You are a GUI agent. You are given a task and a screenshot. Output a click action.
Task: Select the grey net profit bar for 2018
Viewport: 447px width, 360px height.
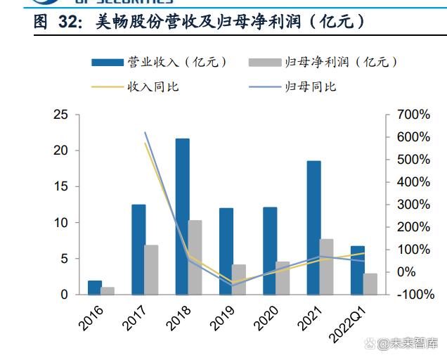195,257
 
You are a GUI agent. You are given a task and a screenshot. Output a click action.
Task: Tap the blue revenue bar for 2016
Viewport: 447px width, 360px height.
94,288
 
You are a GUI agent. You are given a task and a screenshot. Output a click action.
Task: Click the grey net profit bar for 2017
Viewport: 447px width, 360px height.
151,270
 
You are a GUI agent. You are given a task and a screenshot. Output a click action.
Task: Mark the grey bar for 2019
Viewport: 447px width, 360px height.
239,280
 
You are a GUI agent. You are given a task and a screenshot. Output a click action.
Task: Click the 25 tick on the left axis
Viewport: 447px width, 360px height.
61,115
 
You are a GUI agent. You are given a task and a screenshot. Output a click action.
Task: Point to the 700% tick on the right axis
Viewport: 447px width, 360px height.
413,115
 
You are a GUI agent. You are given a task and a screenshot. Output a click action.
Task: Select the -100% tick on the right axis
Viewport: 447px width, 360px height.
415,295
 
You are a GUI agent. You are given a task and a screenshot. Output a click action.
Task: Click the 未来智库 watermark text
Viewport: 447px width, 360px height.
413,343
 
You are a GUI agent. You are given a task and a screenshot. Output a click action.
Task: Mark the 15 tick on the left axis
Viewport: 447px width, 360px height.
61,186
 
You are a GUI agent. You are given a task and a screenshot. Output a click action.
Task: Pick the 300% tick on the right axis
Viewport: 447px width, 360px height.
413,205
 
